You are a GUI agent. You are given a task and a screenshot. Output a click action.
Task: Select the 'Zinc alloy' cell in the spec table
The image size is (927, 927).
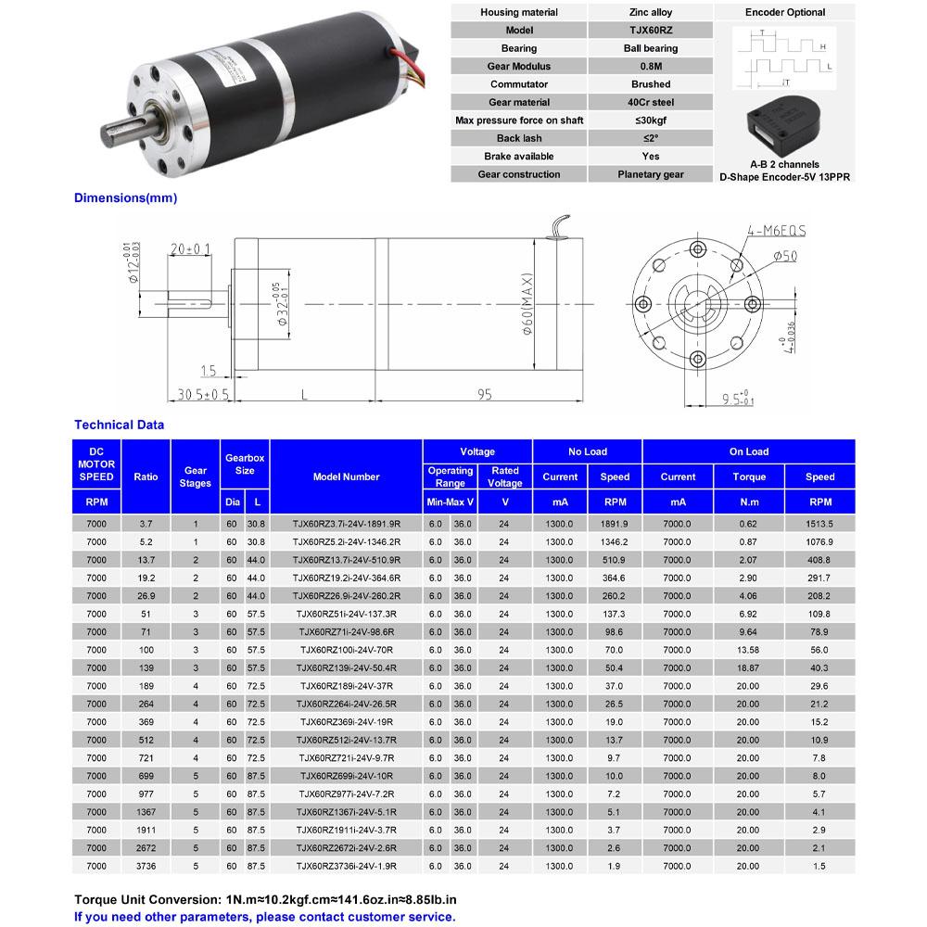coord(650,12)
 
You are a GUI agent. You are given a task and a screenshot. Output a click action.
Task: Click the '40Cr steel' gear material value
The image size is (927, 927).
coord(650,102)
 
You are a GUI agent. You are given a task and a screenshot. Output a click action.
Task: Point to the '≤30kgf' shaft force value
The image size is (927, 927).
coord(650,121)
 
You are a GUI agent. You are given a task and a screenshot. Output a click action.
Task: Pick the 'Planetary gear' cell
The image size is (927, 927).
coord(650,174)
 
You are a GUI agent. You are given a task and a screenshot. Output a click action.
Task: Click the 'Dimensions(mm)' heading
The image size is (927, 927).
coord(125,197)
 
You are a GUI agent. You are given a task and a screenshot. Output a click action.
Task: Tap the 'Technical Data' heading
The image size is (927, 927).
coord(119,425)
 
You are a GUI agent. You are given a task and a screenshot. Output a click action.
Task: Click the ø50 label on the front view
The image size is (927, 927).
coord(784,256)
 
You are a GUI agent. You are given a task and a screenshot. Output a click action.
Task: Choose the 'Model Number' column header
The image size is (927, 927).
coord(346,476)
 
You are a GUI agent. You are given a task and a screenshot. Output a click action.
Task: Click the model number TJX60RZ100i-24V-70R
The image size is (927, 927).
coord(346,650)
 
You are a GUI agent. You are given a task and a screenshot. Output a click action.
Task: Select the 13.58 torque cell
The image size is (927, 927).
coord(748,650)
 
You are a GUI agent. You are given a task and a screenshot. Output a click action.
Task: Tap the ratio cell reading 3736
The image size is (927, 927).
coord(146,866)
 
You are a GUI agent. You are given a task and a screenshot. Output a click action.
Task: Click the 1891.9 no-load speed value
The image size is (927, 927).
coord(615,524)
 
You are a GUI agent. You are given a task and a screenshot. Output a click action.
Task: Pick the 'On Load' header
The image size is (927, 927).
coord(748,451)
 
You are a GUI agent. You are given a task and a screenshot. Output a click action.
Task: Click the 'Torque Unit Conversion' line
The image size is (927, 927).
coord(265,899)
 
